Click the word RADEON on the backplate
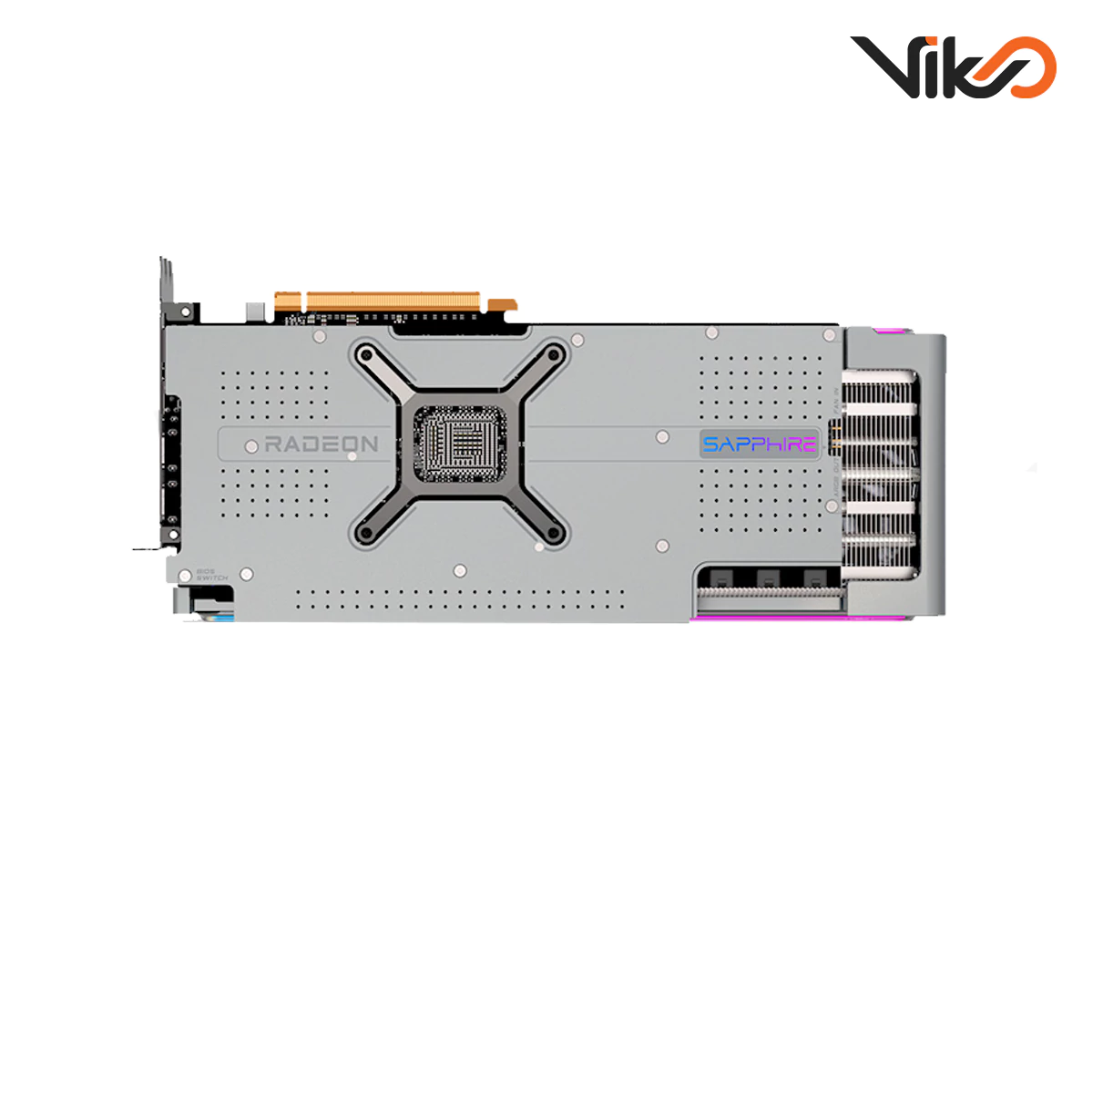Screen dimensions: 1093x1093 click(x=321, y=444)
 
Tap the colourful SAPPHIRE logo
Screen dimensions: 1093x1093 click(x=760, y=444)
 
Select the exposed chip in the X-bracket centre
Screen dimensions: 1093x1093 click(x=460, y=444)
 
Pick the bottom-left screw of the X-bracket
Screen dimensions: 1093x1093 click(x=366, y=534)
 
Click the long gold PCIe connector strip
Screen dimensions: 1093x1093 click(x=393, y=301)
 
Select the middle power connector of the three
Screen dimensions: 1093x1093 click(x=767, y=577)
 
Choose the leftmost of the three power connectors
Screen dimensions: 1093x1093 click(x=720, y=577)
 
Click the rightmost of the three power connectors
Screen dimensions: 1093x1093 click(x=814, y=577)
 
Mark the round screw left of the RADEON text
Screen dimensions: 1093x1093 click(x=251, y=446)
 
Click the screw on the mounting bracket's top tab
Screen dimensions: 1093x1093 click(x=185, y=312)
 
